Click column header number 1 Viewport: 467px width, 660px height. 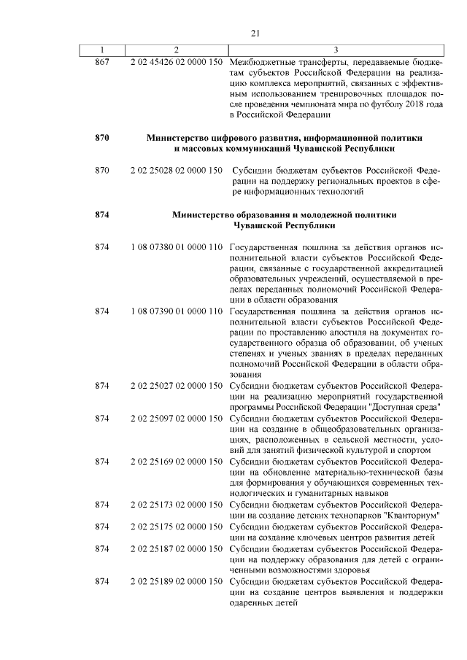tap(102, 50)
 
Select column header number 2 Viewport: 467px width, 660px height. tap(176, 50)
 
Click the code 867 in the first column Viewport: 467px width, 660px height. tap(102, 61)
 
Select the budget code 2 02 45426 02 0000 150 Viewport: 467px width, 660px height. tap(176, 61)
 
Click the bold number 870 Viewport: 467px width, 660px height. tap(102, 137)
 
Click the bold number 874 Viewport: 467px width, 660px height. tap(102, 215)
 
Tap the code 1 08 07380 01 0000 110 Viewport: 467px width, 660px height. tap(176, 250)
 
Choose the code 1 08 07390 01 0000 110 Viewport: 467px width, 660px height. tap(176, 312)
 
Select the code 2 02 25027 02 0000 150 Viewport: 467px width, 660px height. tap(176, 384)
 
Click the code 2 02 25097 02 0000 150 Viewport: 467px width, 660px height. tap(176, 419)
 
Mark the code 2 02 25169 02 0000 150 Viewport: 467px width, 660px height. tap(176, 462)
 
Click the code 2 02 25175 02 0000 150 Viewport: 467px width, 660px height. tap(176, 527)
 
